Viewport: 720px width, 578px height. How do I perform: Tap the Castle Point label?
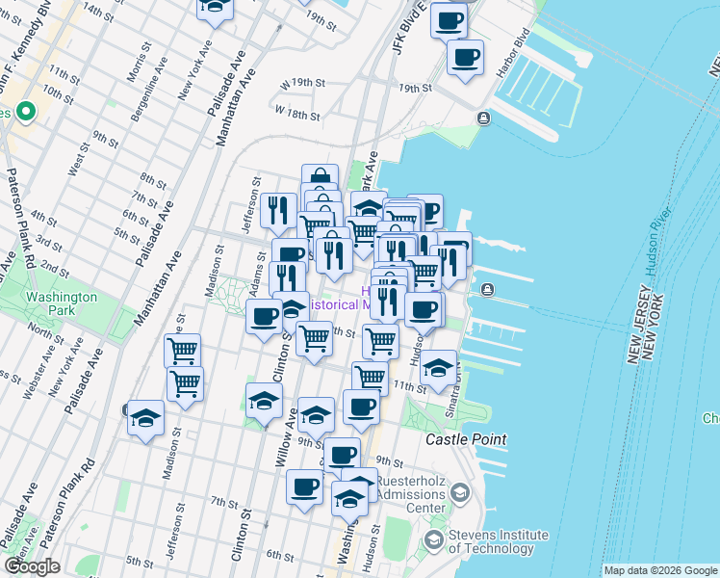466,439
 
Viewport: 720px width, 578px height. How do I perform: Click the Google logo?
32,566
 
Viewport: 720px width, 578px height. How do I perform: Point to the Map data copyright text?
660,570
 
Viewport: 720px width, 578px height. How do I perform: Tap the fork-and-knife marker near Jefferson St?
278,210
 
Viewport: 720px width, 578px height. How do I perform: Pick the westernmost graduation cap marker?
145,417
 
